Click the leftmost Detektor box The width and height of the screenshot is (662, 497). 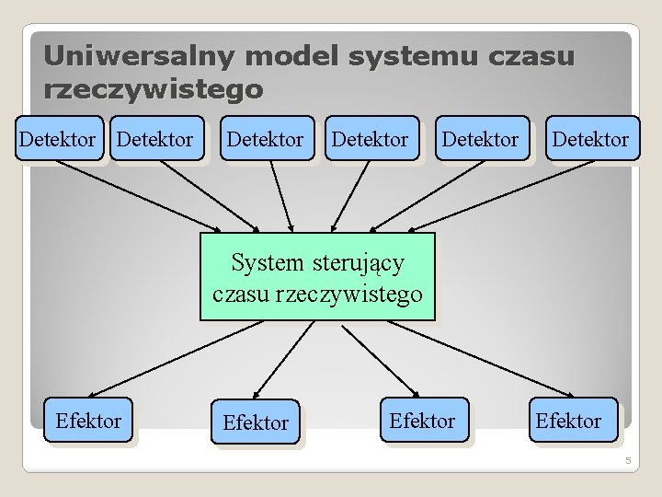(57, 139)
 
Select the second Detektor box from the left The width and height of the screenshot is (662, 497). (155, 139)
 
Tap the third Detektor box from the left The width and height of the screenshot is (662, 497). (265, 139)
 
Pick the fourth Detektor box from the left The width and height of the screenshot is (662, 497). (370, 139)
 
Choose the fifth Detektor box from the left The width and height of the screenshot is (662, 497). (481, 139)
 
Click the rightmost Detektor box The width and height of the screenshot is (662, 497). (589, 139)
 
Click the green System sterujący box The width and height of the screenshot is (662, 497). (317, 277)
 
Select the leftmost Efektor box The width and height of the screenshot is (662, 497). (88, 421)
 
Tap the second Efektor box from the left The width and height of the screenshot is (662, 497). (256, 422)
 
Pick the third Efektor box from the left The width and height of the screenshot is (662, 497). (422, 421)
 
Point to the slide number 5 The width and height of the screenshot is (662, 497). (628, 460)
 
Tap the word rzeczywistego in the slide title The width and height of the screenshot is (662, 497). (154, 90)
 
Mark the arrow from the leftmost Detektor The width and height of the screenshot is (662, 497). (138, 196)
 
